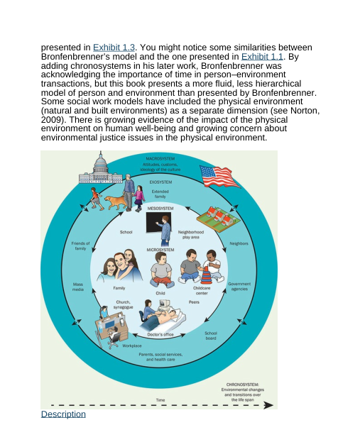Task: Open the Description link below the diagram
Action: point(63,414)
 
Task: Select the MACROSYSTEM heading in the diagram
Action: point(160,158)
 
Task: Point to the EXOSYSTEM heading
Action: point(160,182)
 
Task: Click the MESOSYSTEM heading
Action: point(160,209)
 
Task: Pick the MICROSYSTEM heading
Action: point(160,250)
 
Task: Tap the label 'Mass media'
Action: point(78,287)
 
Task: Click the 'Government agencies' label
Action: point(239,287)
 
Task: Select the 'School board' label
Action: point(211,336)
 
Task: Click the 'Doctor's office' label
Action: point(160,334)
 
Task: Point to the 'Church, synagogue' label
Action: point(123,304)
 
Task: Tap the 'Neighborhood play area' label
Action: point(190,235)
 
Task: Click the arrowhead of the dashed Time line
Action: point(268,406)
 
